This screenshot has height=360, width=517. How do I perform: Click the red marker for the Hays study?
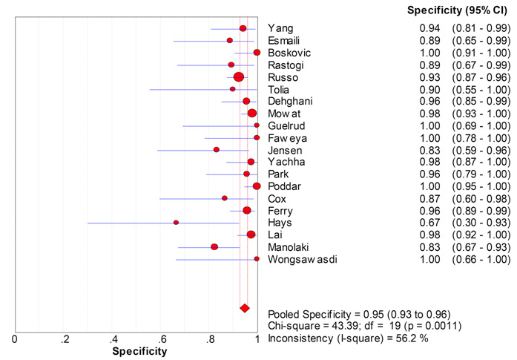point(176,222)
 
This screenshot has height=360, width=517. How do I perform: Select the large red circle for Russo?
point(238,77)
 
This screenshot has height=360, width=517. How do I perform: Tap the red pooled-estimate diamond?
point(244,307)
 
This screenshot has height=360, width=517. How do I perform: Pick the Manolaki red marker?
point(214,246)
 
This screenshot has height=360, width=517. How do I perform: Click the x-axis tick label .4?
point(113,339)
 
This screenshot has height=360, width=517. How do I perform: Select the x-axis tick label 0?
point(16,339)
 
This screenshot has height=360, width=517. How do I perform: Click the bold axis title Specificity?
point(139,351)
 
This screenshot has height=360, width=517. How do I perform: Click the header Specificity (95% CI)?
point(458,10)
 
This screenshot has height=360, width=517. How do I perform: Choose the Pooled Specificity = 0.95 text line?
point(359,314)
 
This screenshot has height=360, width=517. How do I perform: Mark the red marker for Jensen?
point(217,150)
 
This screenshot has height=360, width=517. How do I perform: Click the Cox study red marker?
point(224,198)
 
